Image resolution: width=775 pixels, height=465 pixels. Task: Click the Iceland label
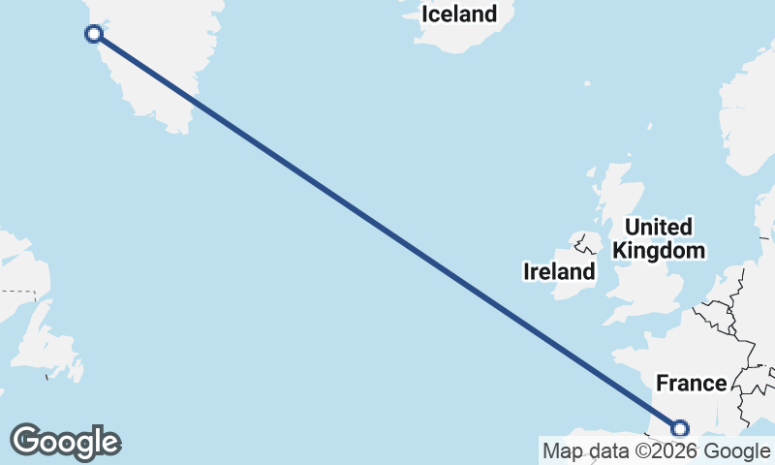click(458, 15)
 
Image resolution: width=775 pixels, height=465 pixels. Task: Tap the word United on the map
click(659, 228)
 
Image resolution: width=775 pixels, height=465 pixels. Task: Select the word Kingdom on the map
click(659, 251)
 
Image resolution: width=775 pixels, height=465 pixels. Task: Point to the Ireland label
click(559, 271)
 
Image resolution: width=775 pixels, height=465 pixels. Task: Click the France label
click(691, 384)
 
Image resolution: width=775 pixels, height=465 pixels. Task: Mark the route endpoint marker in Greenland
click(94, 35)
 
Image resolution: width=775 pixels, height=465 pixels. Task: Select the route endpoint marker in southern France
click(680, 428)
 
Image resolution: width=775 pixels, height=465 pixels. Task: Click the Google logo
click(65, 442)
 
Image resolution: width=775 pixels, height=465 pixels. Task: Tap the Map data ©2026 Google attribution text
click(656, 450)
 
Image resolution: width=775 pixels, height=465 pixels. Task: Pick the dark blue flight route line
click(387, 232)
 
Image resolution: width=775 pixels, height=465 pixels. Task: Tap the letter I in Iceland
click(424, 15)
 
